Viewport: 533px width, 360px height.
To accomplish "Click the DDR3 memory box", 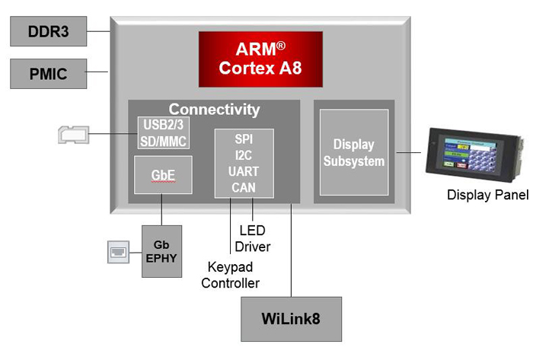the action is tap(48, 31).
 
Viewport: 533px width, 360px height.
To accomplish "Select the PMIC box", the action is tap(48, 74).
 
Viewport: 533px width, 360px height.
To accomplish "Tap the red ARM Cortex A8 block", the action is tap(260, 59).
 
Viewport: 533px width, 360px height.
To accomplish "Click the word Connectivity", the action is tap(214, 110).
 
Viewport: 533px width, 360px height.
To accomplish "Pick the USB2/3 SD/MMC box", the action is tap(164, 132).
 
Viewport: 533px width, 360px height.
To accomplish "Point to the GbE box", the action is tap(163, 175).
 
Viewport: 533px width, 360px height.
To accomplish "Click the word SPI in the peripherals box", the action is tap(244, 139).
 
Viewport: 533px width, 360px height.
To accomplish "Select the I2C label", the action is tap(244, 155).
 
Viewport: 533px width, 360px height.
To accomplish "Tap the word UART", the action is tap(244, 171).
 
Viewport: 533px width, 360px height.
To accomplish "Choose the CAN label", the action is tap(244, 187).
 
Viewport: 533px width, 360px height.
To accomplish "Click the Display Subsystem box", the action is tap(354, 152).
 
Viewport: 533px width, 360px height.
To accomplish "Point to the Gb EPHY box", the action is tap(161, 251).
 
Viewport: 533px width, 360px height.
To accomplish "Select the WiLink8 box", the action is tap(292, 319).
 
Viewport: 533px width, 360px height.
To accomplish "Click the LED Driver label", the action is tap(253, 238).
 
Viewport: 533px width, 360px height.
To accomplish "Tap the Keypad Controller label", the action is tap(231, 275).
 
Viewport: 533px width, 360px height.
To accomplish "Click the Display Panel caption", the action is tap(488, 195).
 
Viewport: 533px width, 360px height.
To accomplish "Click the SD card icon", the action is tap(74, 135).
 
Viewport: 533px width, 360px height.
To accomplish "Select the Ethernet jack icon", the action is tap(118, 252).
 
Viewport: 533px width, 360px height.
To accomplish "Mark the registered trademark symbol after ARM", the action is tap(281, 46).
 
